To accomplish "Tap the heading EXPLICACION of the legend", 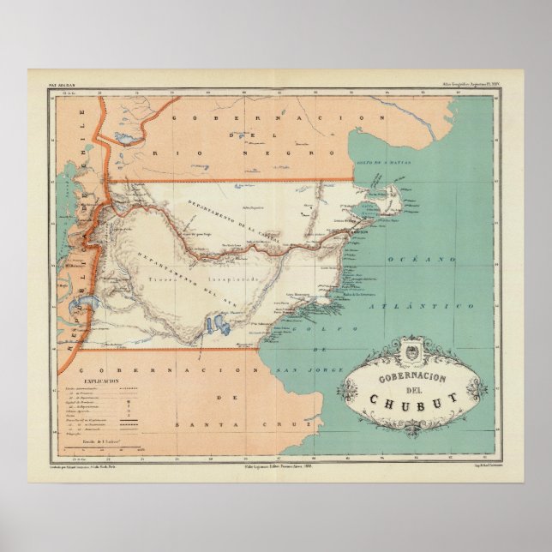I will pyautogui.click(x=101, y=380).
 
